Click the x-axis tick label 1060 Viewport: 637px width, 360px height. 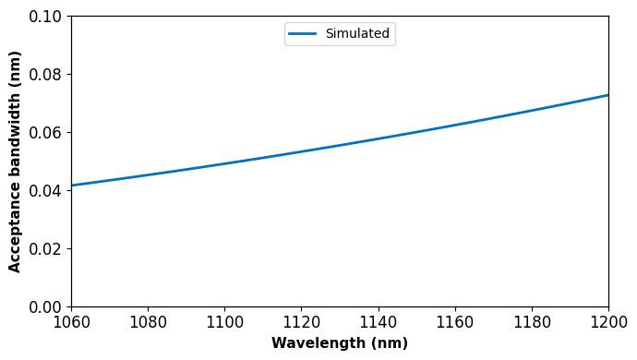point(71,322)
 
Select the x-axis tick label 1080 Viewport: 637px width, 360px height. point(148,322)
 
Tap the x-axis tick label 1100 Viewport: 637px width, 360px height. point(224,322)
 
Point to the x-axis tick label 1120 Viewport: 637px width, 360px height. point(302,322)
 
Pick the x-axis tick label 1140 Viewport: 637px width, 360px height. point(379,322)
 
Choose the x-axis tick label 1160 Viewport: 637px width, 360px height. point(455,322)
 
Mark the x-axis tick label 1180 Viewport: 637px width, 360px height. point(532,322)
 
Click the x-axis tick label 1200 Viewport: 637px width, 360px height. point(608,322)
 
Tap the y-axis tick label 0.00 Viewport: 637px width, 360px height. point(45,307)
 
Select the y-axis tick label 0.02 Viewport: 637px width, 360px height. point(45,249)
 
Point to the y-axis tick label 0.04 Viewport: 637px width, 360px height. point(45,191)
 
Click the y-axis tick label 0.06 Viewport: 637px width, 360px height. point(45,133)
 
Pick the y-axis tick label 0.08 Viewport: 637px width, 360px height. point(45,75)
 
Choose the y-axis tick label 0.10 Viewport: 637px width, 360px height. point(45,17)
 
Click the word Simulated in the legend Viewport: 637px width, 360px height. point(357,33)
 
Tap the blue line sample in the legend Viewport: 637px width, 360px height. point(302,34)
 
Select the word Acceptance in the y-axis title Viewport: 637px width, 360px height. point(14,227)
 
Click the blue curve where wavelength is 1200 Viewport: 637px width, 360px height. point(608,95)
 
